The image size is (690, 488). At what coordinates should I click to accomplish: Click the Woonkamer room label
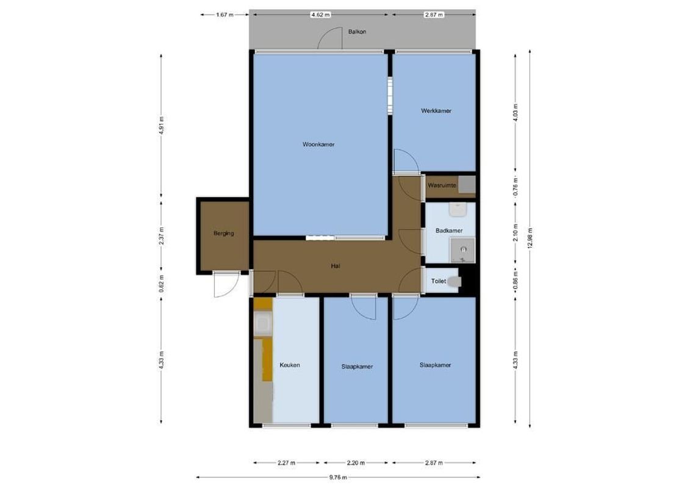point(318,145)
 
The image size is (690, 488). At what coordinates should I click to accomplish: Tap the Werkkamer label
point(436,111)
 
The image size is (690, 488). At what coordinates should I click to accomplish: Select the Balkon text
point(357,32)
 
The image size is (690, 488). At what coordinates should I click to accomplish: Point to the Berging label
point(223,233)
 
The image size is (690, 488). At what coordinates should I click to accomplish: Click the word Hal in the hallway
point(335,266)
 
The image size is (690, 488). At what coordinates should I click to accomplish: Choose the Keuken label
point(290,365)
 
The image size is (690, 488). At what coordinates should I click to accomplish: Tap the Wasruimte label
point(442,185)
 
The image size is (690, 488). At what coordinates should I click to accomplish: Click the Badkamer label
point(448,231)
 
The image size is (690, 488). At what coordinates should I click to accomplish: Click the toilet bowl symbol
point(455,281)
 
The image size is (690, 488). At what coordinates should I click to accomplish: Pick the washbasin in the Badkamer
point(458,210)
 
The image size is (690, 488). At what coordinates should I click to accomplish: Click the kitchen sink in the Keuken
point(263,325)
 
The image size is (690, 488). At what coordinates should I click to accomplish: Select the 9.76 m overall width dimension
point(337,478)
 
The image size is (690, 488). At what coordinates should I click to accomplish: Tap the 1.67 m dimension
point(225,15)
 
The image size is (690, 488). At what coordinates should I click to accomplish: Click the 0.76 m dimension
point(516,185)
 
